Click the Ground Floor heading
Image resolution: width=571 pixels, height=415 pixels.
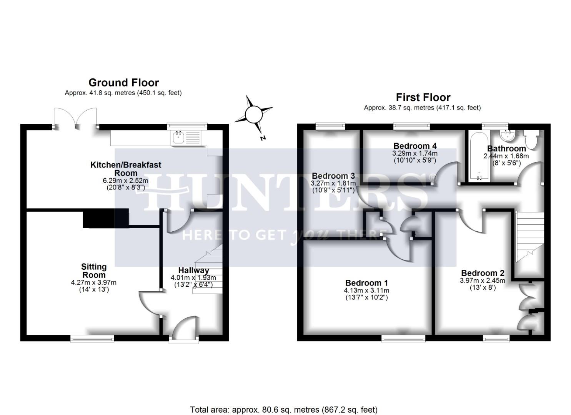coord(123,83)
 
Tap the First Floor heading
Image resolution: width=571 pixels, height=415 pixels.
coord(423,97)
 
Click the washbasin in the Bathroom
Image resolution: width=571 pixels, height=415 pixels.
coord(508,135)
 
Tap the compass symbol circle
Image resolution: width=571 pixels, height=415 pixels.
coord(253,114)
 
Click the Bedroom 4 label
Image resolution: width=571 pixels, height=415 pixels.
coord(415,146)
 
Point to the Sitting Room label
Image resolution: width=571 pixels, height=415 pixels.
coord(94,271)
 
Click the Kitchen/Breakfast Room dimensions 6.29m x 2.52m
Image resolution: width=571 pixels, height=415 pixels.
coord(126,181)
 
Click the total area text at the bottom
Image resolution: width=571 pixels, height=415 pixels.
coord(284,410)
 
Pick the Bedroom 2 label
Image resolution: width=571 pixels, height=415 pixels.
coord(483,273)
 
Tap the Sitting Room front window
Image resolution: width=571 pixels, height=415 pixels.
coord(92,338)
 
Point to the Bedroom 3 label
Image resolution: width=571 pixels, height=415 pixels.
coord(333,176)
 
